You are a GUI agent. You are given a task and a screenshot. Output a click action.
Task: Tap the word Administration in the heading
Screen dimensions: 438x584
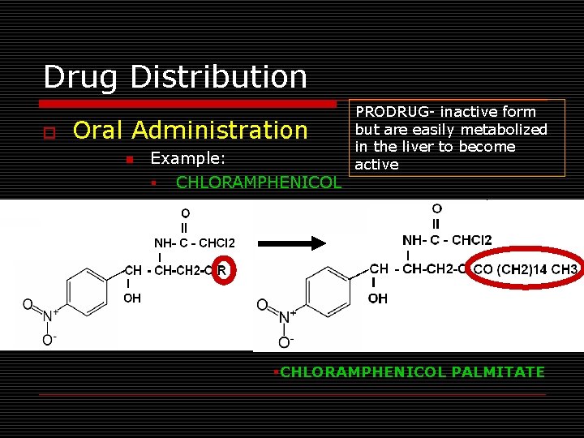(x=221, y=130)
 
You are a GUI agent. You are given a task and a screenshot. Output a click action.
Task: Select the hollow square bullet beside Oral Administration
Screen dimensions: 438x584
(x=49, y=131)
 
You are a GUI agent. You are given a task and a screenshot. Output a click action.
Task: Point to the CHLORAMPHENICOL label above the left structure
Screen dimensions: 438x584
(x=259, y=182)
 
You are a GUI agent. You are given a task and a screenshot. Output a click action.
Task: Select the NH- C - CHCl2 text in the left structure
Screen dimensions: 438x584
(x=195, y=243)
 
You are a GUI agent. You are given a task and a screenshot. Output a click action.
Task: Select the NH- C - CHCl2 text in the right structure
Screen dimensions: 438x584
(x=447, y=239)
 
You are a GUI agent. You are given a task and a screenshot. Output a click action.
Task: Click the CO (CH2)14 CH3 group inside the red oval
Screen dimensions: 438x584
(x=525, y=269)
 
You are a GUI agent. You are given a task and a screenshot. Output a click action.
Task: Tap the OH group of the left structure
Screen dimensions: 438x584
(x=132, y=298)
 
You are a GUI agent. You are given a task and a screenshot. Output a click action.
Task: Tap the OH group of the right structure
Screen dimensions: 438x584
(x=377, y=298)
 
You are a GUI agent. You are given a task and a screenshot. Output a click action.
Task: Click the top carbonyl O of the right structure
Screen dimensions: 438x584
(x=437, y=209)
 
